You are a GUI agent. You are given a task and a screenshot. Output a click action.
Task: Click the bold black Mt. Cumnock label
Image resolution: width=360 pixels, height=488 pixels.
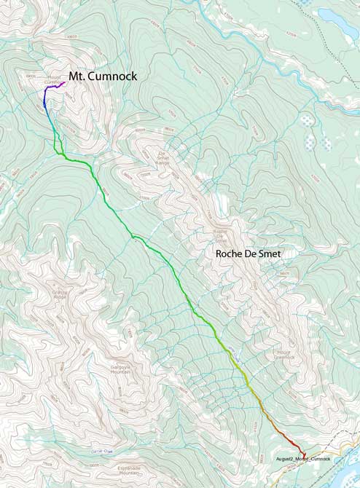tap(103, 76)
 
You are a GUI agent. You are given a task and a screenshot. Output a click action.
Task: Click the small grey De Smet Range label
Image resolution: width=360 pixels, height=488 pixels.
tap(169, 154)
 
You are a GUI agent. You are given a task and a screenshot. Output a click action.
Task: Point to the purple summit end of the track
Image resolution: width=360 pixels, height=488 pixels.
tap(64, 82)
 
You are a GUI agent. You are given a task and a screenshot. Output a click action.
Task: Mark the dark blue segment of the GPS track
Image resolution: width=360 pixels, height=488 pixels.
tap(46, 106)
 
